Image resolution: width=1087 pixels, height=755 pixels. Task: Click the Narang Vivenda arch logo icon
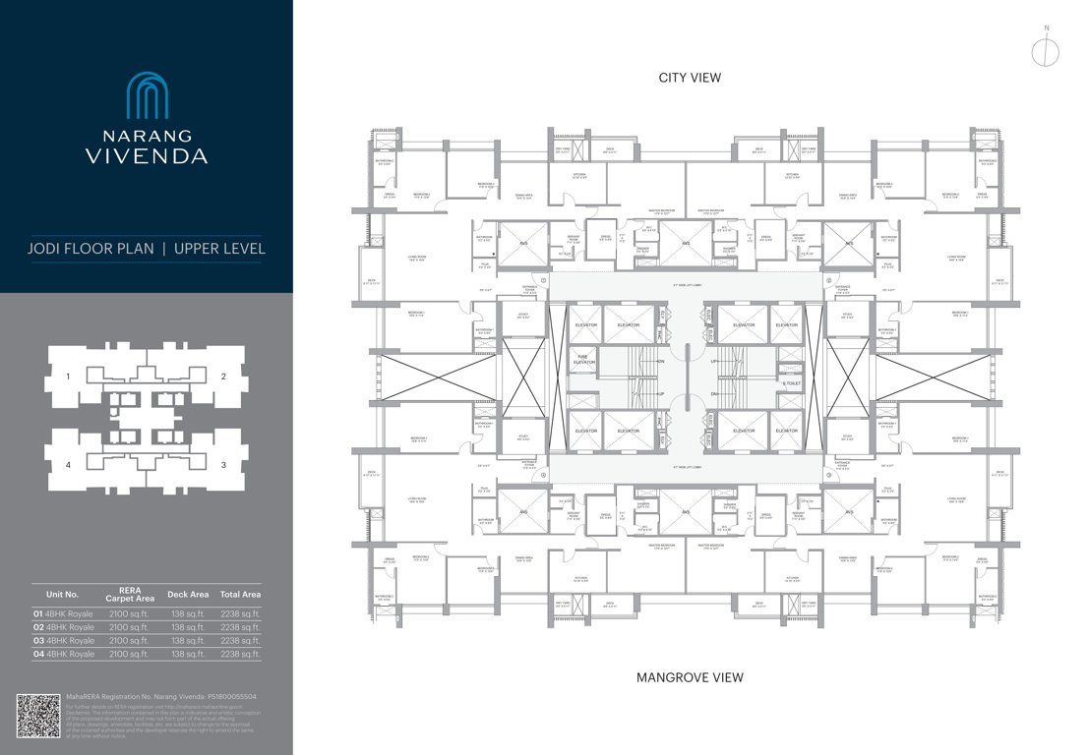click(x=146, y=95)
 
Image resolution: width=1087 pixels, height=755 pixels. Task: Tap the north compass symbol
click(x=1047, y=50)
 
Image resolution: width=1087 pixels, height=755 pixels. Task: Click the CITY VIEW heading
click(x=690, y=78)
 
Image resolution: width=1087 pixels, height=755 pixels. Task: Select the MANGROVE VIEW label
click(x=690, y=677)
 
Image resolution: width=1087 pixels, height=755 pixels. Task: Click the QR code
click(x=38, y=716)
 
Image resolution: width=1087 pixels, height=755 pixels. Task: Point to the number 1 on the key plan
click(x=68, y=377)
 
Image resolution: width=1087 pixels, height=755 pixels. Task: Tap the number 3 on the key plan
click(x=224, y=465)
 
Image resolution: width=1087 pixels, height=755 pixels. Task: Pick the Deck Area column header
click(x=188, y=594)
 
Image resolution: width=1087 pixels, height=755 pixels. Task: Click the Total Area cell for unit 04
click(x=240, y=654)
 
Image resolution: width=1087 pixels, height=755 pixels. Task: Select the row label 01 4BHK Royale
click(x=64, y=613)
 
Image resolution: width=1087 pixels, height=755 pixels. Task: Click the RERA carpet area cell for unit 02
click(x=128, y=627)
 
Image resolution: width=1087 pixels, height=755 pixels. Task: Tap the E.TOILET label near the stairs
click(x=792, y=382)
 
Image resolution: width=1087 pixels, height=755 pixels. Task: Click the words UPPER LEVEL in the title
click(x=219, y=249)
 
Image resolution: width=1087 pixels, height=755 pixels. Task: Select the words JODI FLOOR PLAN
click(x=91, y=249)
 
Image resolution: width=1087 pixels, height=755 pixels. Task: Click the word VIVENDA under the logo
click(x=146, y=155)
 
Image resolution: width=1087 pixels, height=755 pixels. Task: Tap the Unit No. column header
click(x=62, y=594)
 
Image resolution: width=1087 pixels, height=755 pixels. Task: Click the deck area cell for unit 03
click(x=187, y=640)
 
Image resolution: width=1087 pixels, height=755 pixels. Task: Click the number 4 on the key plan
click(x=68, y=465)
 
